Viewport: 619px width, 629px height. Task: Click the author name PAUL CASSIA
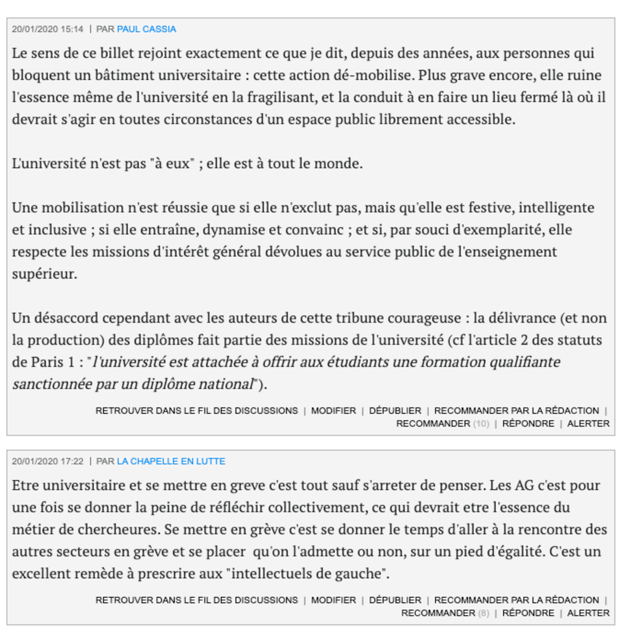(146, 29)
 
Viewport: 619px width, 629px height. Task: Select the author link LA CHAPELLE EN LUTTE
(171, 461)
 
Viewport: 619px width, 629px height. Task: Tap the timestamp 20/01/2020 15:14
(48, 29)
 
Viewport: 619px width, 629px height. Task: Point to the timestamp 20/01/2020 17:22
(48, 461)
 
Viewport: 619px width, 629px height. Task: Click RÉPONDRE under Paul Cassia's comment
(528, 424)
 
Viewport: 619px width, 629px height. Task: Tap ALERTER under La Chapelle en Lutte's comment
(588, 613)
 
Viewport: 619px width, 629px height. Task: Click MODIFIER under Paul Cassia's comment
(333, 410)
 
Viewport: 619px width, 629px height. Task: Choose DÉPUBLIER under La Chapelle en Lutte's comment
(395, 600)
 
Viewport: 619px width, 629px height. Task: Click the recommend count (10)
(481, 424)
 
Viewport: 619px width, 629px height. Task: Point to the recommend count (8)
(483, 613)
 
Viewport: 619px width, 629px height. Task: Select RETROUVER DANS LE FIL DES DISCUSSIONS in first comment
(196, 410)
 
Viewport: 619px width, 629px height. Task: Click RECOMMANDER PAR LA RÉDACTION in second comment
(516, 600)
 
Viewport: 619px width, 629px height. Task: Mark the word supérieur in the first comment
(44, 274)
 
